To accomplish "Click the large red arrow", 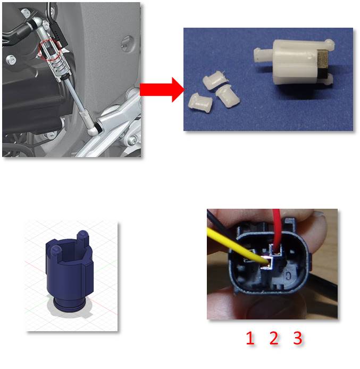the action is click(x=162, y=89).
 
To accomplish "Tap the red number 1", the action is click(x=250, y=338).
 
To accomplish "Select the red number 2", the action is click(x=274, y=338).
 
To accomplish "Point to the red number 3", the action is click(x=297, y=338).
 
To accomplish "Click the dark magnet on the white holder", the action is click(x=324, y=63).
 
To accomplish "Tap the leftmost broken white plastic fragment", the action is click(x=200, y=101).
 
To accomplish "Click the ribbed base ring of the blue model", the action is click(x=69, y=305).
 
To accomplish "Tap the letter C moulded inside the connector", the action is click(x=288, y=275).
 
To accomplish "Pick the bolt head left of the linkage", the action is click(x=11, y=60).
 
